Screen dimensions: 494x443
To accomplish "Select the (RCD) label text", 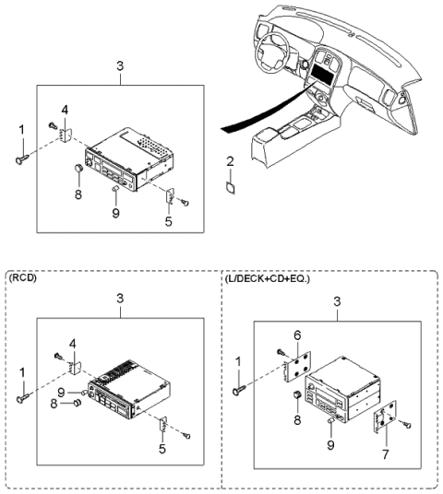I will click(23, 276).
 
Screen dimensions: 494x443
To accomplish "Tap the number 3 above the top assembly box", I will click(120, 66).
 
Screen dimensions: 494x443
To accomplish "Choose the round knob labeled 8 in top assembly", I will click(79, 169).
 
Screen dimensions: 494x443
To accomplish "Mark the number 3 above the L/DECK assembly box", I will click(337, 300).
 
